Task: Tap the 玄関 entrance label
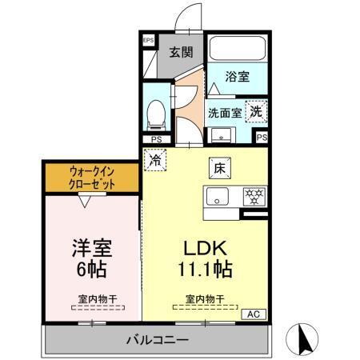[181, 53]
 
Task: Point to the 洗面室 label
[225, 112]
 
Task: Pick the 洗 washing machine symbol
[255, 111]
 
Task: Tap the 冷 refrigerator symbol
[154, 158]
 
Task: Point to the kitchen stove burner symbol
[254, 196]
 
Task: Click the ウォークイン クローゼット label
[90, 178]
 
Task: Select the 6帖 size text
[90, 267]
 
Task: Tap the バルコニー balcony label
[157, 340]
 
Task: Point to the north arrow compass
[307, 338]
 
